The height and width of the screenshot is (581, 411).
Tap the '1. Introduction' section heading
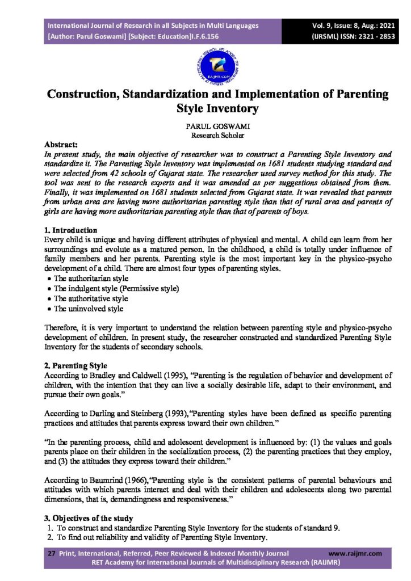(70, 230)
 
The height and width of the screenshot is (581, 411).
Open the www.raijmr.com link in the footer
(355, 553)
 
